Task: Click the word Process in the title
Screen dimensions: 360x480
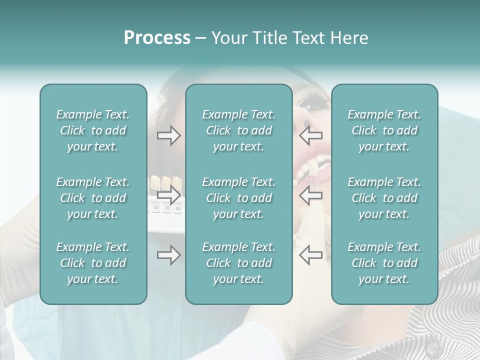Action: click(x=157, y=38)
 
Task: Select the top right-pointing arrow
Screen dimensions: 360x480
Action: click(x=169, y=135)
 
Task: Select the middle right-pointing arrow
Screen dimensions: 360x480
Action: click(x=169, y=195)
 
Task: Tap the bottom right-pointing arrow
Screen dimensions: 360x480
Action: click(x=169, y=255)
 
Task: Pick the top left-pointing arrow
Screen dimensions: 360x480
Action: click(x=310, y=135)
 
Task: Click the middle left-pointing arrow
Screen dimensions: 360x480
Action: click(x=310, y=195)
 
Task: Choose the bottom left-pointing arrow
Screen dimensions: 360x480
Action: click(x=310, y=255)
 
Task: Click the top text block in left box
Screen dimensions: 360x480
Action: click(x=93, y=130)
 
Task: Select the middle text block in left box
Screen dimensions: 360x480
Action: click(x=93, y=198)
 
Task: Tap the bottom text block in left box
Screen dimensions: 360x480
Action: click(x=93, y=263)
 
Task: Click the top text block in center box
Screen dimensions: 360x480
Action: click(x=238, y=130)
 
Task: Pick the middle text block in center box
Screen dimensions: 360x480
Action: click(x=238, y=198)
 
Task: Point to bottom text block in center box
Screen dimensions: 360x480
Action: click(x=238, y=263)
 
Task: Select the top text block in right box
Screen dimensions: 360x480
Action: click(x=384, y=130)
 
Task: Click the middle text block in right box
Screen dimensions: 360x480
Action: click(x=384, y=198)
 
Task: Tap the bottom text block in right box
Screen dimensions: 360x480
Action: click(x=384, y=263)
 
